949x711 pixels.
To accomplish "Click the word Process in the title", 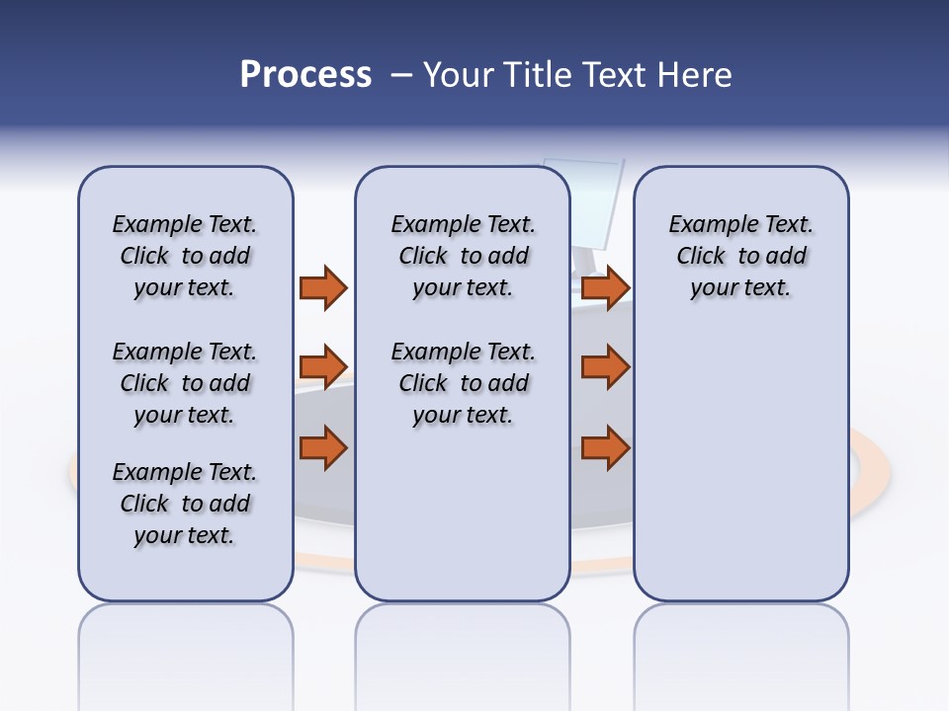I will pos(305,75).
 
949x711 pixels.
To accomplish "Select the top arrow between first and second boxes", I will pos(323,287).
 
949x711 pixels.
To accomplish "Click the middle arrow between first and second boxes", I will pos(323,367).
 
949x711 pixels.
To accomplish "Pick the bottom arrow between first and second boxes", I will pos(323,447).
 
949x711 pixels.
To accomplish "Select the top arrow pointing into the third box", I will pos(605,287).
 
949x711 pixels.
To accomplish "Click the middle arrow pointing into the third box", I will pos(605,367).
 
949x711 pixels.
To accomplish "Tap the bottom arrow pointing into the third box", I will pos(605,447).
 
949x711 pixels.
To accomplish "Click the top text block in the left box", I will pos(185,256).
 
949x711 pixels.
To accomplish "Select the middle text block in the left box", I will pos(185,383).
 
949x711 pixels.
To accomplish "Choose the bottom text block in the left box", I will pos(185,504).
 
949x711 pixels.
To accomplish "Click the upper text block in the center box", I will pos(463,256).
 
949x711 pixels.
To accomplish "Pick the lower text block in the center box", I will pos(463,383).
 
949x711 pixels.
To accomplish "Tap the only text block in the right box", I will pos(740,256).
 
